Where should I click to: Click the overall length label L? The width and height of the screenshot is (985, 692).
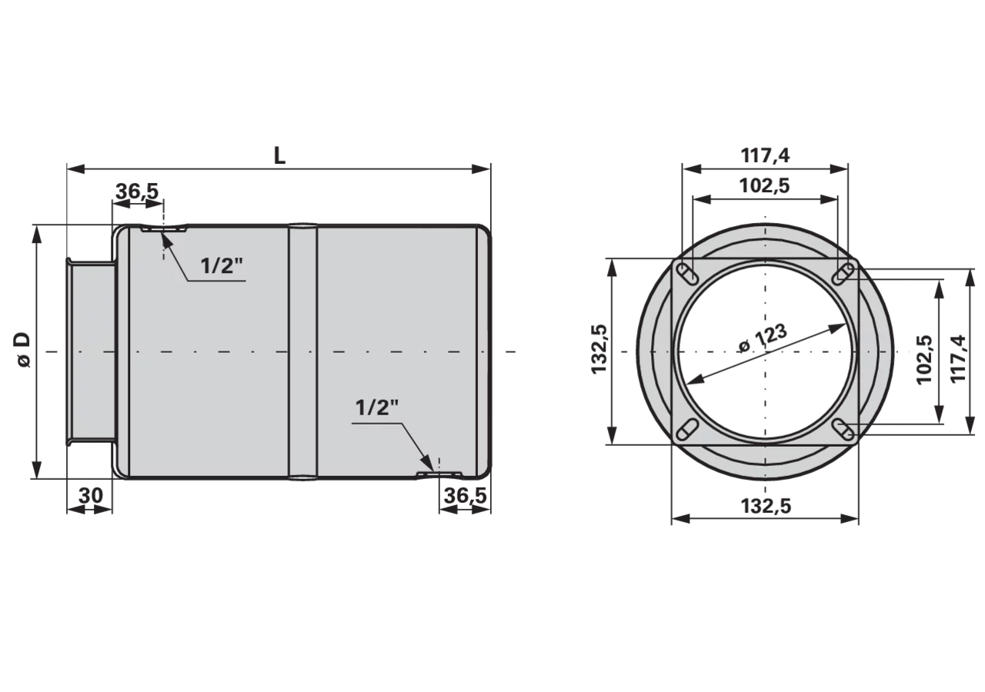(279, 155)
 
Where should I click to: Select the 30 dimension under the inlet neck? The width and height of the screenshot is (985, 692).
(91, 496)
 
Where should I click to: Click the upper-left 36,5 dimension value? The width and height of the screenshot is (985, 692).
(137, 191)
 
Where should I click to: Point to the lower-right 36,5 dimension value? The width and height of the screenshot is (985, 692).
(466, 496)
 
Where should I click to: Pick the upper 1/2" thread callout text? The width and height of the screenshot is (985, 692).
(222, 266)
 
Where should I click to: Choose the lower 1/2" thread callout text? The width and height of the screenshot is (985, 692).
(377, 408)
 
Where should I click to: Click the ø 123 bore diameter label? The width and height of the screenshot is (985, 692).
(763, 339)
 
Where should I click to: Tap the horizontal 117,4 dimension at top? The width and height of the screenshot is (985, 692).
(766, 155)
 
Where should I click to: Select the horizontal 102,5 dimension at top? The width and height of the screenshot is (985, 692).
(765, 186)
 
